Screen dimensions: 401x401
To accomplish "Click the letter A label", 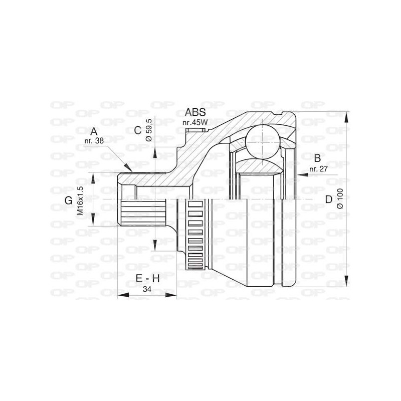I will tap(94, 132).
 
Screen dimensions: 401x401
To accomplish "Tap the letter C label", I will tap(138, 131).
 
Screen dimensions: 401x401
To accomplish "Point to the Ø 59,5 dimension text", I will tap(148, 129).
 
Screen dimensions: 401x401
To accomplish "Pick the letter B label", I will tap(317, 159).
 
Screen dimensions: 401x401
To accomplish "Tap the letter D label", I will tap(328, 199).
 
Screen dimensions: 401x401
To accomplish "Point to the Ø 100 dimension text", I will tap(340, 199).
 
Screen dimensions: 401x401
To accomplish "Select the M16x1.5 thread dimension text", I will tap(80, 200).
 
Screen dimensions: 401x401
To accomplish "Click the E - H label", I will tap(148, 279).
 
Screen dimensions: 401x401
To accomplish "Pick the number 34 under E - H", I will tap(147, 289).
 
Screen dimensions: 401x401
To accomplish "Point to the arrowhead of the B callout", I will tap(300, 173).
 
